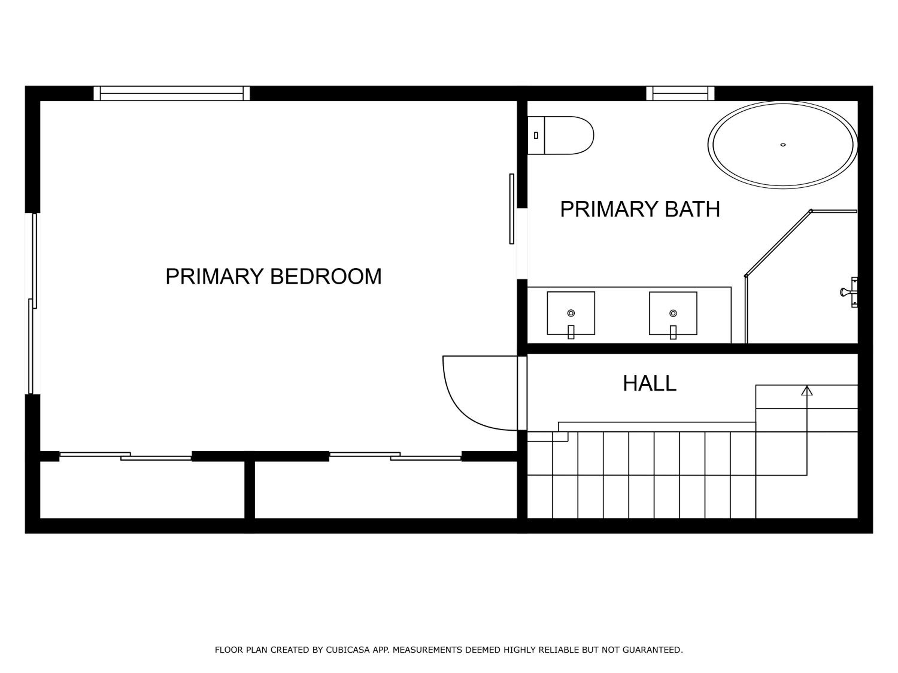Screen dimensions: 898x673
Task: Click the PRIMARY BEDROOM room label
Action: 273,276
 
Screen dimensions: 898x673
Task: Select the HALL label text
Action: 650,383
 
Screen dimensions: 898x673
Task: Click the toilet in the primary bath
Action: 560,135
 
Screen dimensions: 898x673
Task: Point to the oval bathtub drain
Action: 783,145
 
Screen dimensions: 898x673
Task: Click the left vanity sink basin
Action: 571,313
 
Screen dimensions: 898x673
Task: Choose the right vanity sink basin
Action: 673,313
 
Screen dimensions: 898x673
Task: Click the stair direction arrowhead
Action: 807,391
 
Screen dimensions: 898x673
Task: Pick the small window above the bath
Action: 680,93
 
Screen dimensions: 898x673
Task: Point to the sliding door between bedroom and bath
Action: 512,209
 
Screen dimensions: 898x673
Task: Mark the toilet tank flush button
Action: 536,135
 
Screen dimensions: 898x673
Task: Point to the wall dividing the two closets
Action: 250,490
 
